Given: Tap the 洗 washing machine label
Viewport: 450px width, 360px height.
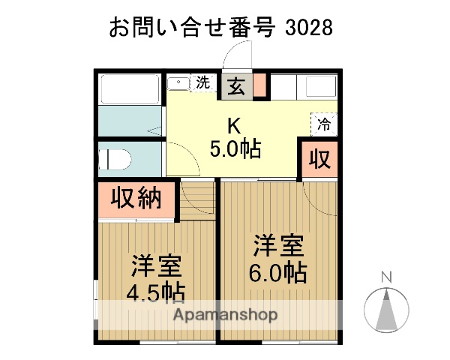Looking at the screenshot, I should (x=203, y=82).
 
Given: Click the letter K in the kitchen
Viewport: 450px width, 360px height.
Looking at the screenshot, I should (x=234, y=124).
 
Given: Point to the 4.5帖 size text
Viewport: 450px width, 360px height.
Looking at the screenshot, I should (x=156, y=292).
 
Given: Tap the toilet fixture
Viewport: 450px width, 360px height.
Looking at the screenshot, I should (x=115, y=160).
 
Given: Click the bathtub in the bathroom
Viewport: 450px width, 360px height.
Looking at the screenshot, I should (x=128, y=90).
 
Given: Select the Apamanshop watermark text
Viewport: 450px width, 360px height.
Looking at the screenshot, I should (x=225, y=313).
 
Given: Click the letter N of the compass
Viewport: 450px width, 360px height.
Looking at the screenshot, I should (x=386, y=277).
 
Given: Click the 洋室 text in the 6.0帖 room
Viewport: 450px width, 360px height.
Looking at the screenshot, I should (x=277, y=245).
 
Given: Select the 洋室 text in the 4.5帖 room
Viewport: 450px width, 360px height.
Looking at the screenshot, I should (x=156, y=265).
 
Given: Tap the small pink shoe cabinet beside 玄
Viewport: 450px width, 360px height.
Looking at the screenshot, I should (x=259, y=86).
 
